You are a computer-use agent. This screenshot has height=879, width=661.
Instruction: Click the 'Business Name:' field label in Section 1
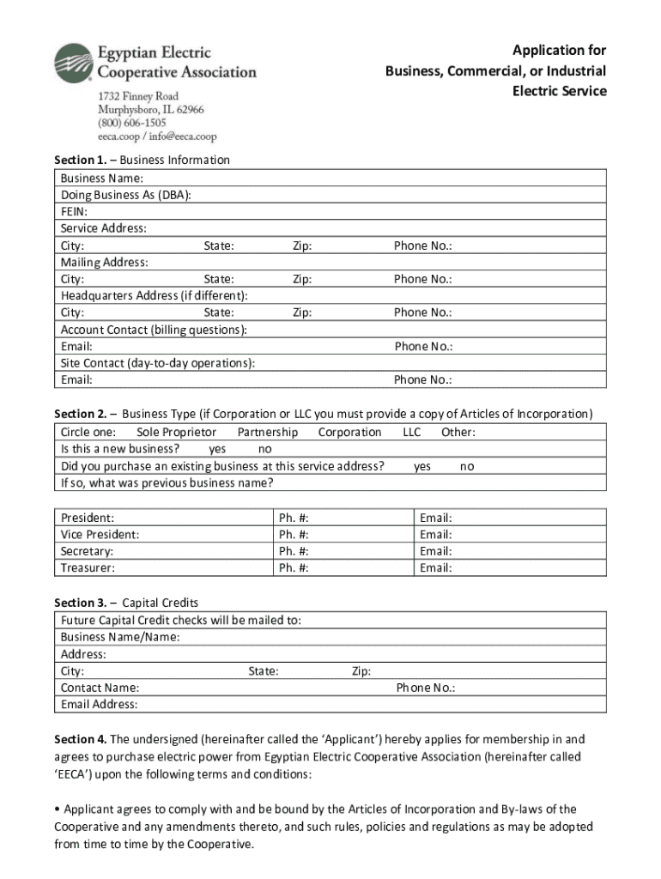tap(95, 179)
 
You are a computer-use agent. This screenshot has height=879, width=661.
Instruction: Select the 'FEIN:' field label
tap(74, 212)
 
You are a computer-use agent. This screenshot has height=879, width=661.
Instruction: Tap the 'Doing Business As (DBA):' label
tap(125, 195)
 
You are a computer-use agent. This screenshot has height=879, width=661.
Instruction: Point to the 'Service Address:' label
tap(103, 228)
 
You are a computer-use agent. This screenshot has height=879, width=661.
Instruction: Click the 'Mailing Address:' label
tap(104, 262)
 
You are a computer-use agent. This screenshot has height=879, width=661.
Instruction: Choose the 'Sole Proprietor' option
tap(176, 433)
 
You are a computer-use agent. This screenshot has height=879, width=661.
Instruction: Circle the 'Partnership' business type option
tap(268, 433)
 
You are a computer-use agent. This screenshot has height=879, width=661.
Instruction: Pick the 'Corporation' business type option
tap(349, 433)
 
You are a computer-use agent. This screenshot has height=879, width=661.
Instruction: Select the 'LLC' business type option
tap(412, 433)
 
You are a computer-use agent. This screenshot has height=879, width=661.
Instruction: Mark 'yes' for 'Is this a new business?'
tap(217, 449)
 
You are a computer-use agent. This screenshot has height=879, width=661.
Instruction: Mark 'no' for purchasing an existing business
tap(467, 466)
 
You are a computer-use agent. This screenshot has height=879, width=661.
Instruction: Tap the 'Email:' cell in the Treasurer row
tap(435, 568)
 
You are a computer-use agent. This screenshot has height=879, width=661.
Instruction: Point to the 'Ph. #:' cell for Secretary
tap(294, 551)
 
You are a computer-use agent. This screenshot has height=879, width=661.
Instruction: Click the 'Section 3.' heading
tap(81, 603)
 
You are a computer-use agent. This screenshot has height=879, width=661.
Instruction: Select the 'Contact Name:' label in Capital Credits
tap(100, 688)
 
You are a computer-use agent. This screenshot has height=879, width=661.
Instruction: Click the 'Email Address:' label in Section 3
tap(99, 705)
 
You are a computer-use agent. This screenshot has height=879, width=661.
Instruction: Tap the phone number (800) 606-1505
tap(131, 123)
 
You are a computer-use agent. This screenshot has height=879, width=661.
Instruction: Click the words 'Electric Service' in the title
tap(559, 91)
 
